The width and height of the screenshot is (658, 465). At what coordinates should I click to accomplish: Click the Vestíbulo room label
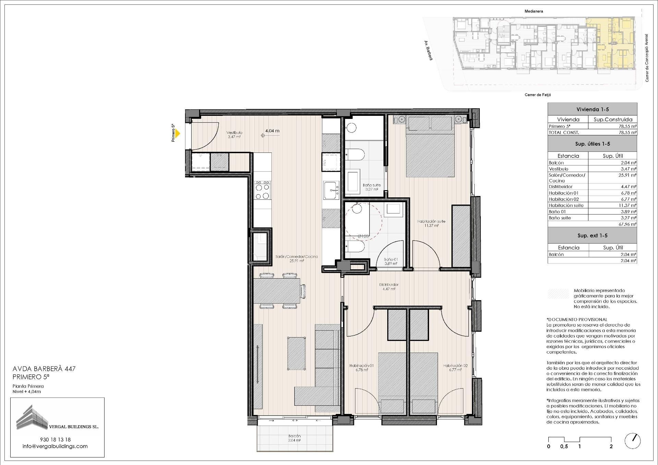[234, 134]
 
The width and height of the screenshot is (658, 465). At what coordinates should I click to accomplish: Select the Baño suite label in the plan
[371, 187]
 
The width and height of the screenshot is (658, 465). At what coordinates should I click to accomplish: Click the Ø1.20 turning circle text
[363, 236]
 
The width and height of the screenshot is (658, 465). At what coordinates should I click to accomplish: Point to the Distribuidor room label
[389, 286]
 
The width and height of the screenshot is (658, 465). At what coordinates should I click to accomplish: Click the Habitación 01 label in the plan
[362, 367]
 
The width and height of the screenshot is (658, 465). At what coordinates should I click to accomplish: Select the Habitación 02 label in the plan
[455, 367]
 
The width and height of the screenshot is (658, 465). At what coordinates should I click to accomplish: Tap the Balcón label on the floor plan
[294, 438]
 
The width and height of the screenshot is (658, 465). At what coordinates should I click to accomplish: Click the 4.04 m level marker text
[272, 131]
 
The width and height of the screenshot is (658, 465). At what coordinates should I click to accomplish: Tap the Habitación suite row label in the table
[566, 205]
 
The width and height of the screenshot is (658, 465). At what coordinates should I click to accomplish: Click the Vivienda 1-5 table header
[593, 109]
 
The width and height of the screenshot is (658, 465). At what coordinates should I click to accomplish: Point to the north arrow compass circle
[632, 441]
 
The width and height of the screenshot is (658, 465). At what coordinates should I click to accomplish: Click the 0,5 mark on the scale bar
[564, 446]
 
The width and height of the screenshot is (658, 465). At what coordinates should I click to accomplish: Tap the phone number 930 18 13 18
[55, 439]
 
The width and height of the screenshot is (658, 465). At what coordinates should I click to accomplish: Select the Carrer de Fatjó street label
[538, 95]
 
